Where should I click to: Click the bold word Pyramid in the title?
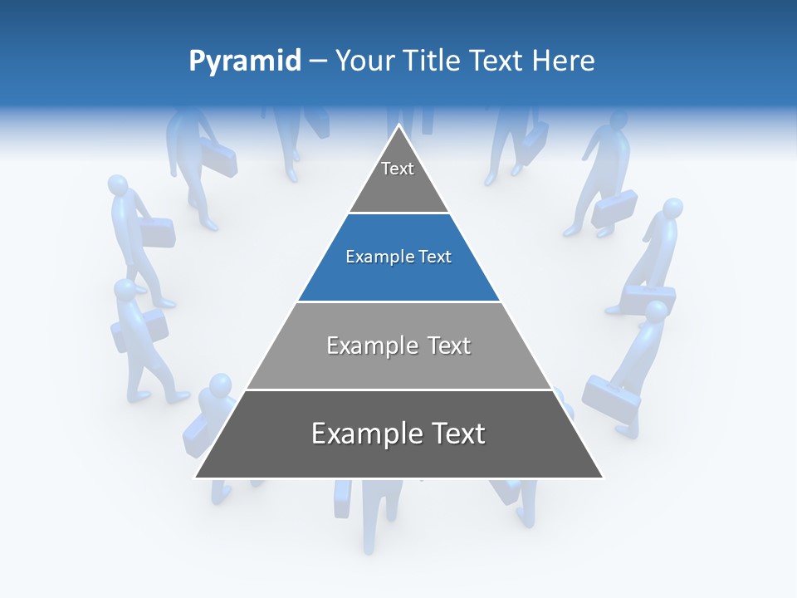(x=245, y=61)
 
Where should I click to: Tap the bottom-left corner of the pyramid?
(x=197, y=477)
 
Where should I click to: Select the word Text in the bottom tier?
(x=454, y=434)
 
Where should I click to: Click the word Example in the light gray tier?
(x=368, y=346)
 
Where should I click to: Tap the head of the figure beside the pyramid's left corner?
(x=221, y=386)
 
